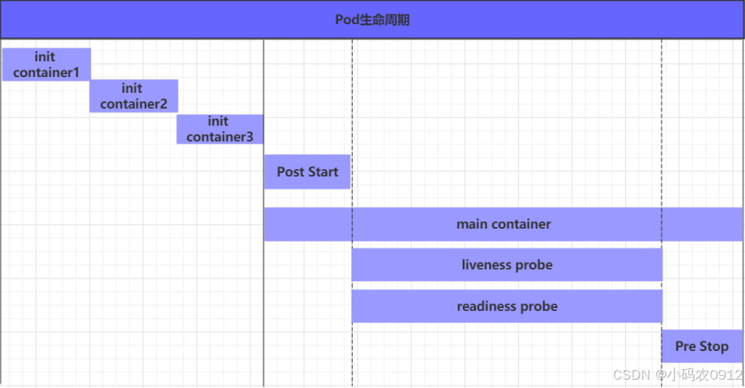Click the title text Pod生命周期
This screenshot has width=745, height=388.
[x=372, y=20]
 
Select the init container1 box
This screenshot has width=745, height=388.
[x=46, y=64]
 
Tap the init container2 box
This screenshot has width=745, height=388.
[x=133, y=96]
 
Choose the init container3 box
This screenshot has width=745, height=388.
[x=220, y=129]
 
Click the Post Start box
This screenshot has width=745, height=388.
[x=307, y=172]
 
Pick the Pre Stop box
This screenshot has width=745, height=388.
[x=702, y=346]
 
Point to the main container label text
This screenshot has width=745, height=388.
[x=503, y=224]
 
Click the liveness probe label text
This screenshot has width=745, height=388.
[x=507, y=265]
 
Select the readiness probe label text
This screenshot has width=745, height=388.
[x=507, y=306]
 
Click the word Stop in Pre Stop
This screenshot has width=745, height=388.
[x=713, y=346]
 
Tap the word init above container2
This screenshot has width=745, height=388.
[x=132, y=88]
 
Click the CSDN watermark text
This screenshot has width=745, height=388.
[x=631, y=375]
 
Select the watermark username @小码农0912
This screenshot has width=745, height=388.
[x=698, y=375]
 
